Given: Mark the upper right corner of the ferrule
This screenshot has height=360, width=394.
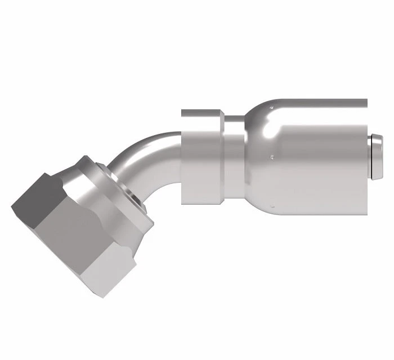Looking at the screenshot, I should coord(366,101).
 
